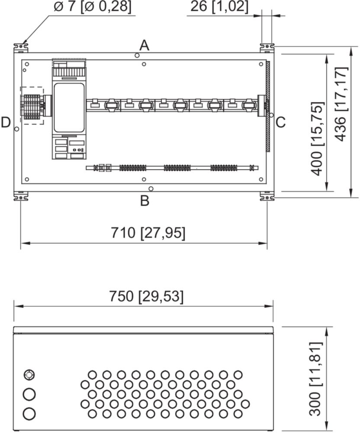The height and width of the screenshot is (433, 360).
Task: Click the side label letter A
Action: click(144, 45)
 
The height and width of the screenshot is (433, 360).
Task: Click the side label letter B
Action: click(145, 201)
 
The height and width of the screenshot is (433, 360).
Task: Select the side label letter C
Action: click(280, 123)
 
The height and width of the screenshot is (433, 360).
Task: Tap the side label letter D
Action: click(6, 123)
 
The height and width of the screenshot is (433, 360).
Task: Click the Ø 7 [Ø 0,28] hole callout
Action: click(93, 6)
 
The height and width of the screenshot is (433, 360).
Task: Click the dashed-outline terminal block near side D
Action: click(32, 106)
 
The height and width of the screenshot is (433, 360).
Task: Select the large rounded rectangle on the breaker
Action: click(69, 108)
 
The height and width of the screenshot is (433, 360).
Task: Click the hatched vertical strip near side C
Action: click(268, 107)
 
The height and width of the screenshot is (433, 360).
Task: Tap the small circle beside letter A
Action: click(137, 55)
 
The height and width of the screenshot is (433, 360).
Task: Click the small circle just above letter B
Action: click(151, 189)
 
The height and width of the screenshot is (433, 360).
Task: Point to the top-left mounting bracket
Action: click(21, 48)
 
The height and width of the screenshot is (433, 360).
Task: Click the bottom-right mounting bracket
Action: click(267, 196)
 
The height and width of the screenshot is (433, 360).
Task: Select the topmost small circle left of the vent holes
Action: click(29, 375)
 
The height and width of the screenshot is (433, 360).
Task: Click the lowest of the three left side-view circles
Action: click(29, 414)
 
